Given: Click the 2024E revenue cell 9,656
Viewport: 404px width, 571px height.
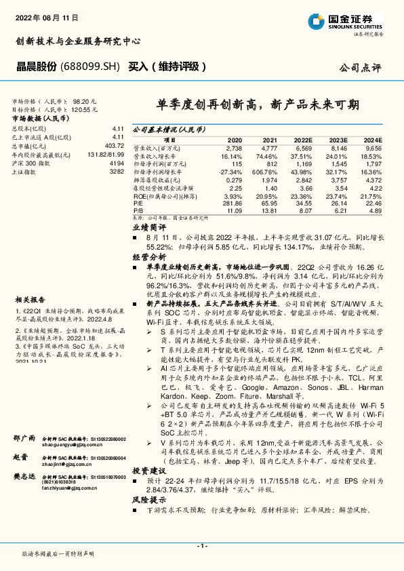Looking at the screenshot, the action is point(373,147).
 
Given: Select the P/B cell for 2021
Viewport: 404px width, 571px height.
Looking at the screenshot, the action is point(270,211).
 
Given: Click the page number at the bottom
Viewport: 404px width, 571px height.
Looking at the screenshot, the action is point(201,546).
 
